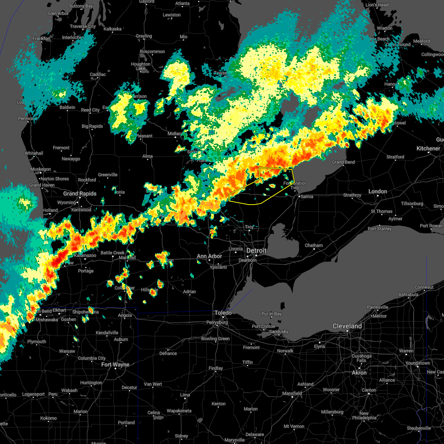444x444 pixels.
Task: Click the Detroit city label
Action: pos(256,251)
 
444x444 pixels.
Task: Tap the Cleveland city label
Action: pos(347,326)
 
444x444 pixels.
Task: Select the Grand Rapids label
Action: pos(80,194)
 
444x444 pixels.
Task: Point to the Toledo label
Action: pos(223,313)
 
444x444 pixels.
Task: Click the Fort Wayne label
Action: pos(115,365)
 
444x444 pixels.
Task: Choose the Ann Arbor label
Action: pos(209,256)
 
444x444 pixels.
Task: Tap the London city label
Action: pos(378,191)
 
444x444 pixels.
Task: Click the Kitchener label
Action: pos(428,148)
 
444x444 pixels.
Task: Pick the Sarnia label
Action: pos(307,196)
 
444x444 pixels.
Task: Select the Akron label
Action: pos(359,373)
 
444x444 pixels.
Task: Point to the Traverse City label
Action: pos(83,26)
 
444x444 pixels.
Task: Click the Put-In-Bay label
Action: pos(272,314)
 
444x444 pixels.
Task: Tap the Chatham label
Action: pos(314,245)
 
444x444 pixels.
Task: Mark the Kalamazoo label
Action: pos(85,255)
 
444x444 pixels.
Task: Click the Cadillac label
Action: pos(98,74)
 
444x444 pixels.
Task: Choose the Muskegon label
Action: pos(41,169)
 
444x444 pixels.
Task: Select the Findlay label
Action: pos(216,368)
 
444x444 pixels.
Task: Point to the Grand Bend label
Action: pos(343,162)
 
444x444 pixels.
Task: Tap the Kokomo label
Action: pos(48,418)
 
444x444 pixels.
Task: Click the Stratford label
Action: pos(395,157)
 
